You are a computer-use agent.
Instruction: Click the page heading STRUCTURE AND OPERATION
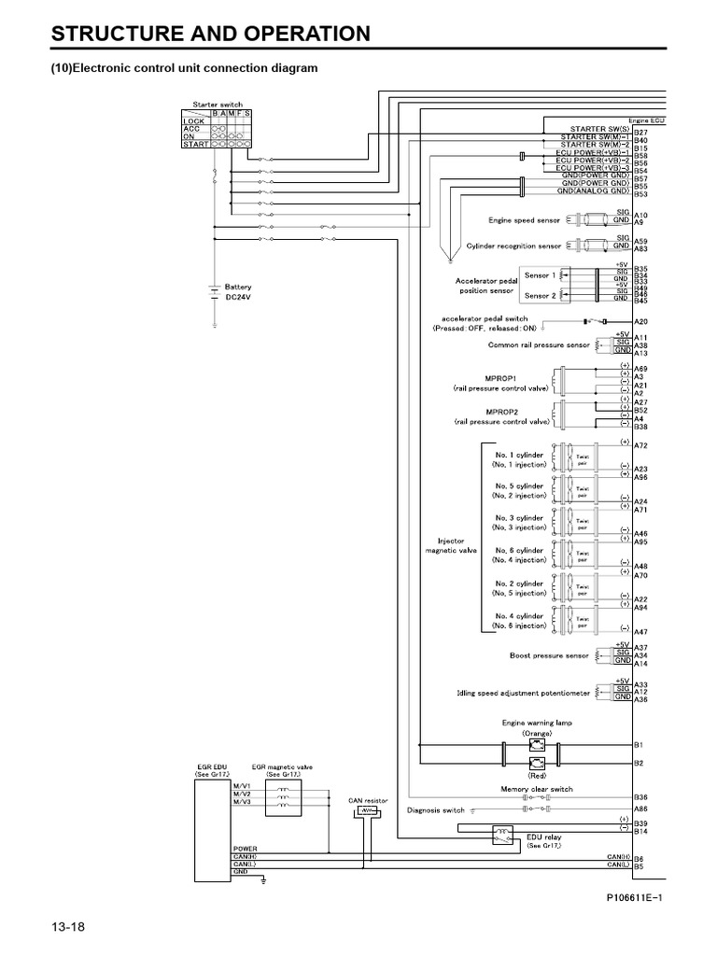click(210, 35)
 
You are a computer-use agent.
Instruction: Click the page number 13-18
click(68, 926)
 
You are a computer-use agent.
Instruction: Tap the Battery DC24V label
click(238, 291)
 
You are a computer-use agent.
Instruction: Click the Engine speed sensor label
click(525, 220)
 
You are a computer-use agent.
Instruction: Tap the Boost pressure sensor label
click(550, 655)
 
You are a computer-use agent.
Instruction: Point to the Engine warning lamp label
click(537, 723)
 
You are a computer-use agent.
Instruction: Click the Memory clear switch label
click(537, 789)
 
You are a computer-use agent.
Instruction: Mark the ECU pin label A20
click(640, 322)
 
